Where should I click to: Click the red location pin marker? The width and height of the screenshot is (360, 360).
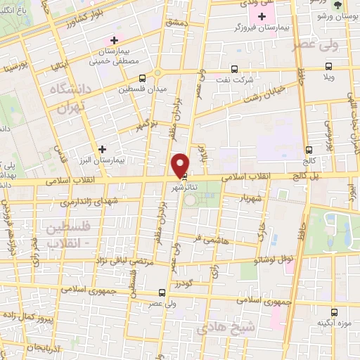(181, 165)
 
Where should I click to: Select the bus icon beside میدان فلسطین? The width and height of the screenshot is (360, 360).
(143, 79)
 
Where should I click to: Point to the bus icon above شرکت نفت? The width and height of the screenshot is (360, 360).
(235, 70)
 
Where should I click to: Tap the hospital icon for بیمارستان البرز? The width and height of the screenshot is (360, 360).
(103, 149)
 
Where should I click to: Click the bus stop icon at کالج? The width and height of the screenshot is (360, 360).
(310, 150)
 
